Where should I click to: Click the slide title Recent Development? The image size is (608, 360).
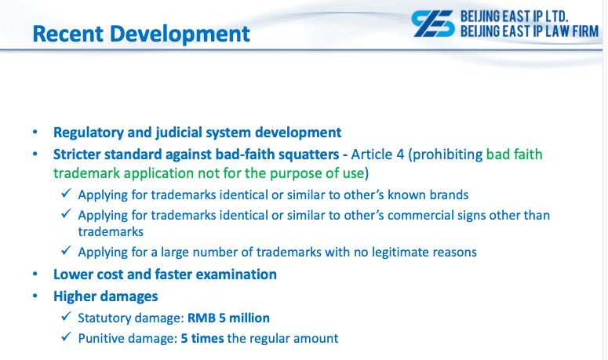(x=141, y=34)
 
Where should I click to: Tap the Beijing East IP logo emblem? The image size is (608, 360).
(x=433, y=24)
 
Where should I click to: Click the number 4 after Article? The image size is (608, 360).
(x=400, y=155)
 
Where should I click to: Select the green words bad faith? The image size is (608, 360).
(x=514, y=155)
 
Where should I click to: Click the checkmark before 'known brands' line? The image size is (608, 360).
(x=67, y=193)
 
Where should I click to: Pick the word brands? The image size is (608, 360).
(x=450, y=195)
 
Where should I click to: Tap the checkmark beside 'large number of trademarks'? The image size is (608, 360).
(x=67, y=250)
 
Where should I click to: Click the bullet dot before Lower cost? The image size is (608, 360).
(x=35, y=274)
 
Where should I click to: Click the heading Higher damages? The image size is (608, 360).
(x=105, y=296)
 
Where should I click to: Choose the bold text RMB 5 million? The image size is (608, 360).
(x=228, y=318)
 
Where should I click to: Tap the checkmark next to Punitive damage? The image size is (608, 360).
(x=67, y=336)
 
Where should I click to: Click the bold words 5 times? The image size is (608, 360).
(x=202, y=338)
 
